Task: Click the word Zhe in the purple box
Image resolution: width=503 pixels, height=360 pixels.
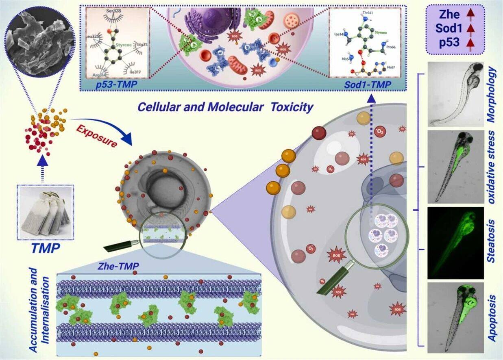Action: (449, 15)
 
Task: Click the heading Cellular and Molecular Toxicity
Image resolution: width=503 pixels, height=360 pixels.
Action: (225, 107)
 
